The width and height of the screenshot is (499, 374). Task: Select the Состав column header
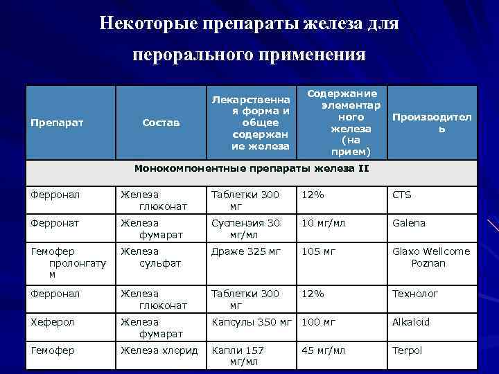click(160, 123)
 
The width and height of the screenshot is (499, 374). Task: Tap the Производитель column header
click(431, 123)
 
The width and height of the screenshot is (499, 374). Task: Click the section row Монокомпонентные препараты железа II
click(252, 168)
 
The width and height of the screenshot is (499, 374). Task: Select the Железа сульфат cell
click(150, 258)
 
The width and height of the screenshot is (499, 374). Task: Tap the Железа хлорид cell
click(159, 350)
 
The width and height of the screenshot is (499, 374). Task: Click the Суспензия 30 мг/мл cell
click(245, 229)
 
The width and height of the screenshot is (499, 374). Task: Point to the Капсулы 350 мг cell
click(252, 322)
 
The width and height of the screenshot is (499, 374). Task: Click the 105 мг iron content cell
click(318, 251)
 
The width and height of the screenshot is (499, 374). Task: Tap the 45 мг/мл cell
click(323, 350)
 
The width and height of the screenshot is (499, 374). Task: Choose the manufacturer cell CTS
click(402, 195)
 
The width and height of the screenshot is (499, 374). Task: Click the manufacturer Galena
click(409, 223)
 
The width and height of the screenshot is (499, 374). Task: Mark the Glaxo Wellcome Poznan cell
click(430, 258)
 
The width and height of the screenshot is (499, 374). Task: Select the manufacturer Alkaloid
click(411, 322)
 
